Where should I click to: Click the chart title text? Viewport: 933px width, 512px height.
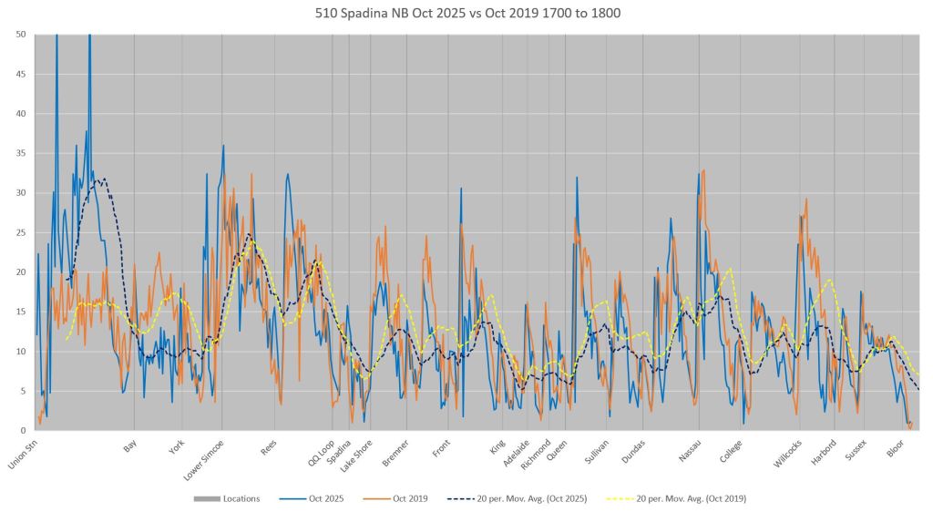pos(466,14)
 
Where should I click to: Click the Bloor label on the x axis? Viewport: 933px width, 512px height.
pos(897,445)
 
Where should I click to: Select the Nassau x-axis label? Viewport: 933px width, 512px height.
pos(690,447)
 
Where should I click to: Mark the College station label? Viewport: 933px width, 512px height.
pos(732,447)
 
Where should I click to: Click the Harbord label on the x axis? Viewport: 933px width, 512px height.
pos(825,447)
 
